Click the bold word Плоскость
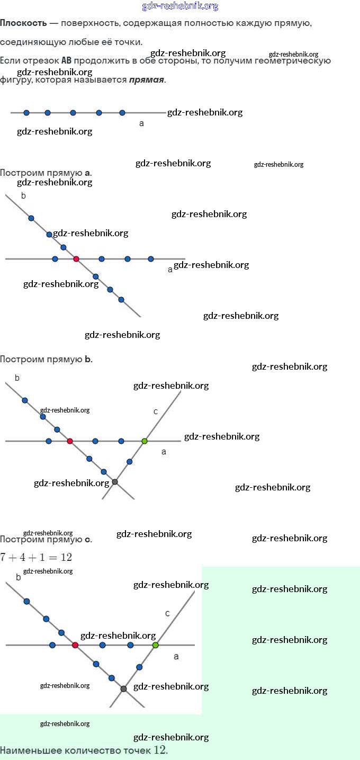coord(23,24)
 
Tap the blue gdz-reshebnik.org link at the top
coord(180,6)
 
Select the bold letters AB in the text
coord(67,60)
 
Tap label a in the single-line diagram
coord(141,123)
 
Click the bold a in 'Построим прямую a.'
coord(88,173)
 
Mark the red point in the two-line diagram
coord(76,259)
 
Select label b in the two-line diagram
coord(23,196)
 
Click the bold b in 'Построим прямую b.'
coord(88,359)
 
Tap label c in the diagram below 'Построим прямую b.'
coord(156,412)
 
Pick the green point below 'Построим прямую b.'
coord(145,441)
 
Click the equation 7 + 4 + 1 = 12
coord(36,557)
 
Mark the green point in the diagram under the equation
coord(155,645)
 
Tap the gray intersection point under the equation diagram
coord(124,689)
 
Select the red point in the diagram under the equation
coord(75,645)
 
